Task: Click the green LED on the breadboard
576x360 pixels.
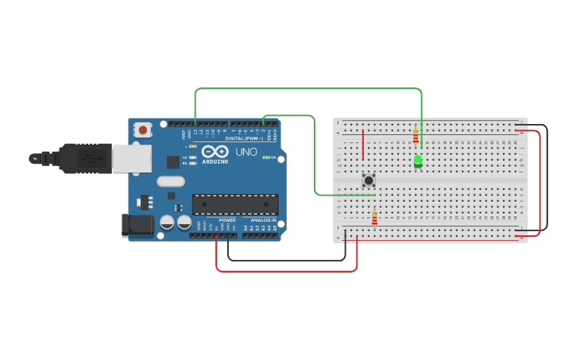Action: coord(418,161)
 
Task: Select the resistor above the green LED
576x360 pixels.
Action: coord(416,136)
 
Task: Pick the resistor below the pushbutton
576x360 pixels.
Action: coord(374,217)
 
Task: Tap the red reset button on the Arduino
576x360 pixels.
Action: coord(143,129)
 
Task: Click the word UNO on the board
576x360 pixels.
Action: coord(246,151)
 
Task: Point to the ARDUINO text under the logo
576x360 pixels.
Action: coord(215,161)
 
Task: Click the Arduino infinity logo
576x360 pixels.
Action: coord(215,151)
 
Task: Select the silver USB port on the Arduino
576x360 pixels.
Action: coord(131,158)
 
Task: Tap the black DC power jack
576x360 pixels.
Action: coord(137,225)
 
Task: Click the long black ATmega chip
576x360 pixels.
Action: coord(235,204)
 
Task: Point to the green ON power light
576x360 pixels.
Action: coord(269,157)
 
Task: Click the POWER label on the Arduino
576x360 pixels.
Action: coord(227,220)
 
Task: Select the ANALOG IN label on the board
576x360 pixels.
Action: coord(264,220)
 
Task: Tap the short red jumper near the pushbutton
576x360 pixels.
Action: coord(363,145)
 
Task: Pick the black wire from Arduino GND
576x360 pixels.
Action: coord(286,260)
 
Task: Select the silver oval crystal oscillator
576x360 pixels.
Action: coord(171,181)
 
